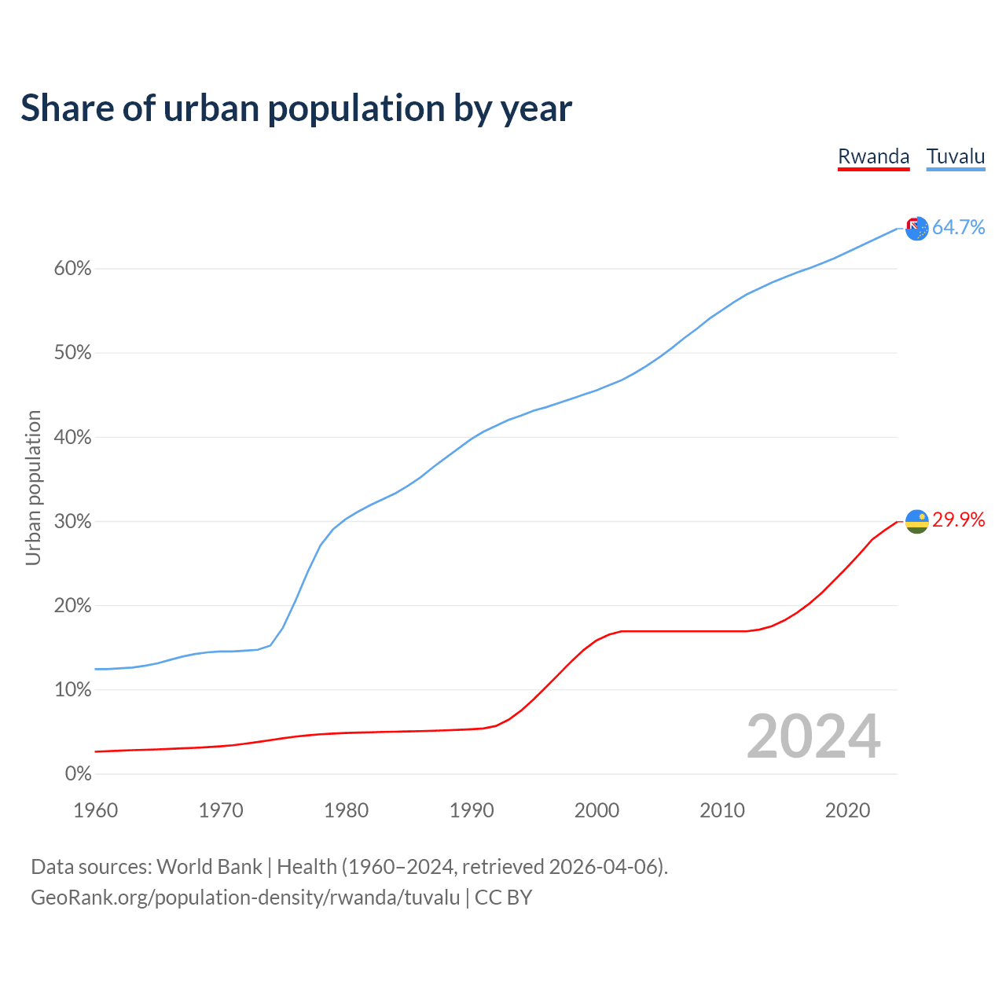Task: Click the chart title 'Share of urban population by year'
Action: coord(296,108)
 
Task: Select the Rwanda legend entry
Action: coord(873,156)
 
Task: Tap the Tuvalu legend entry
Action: coord(956,156)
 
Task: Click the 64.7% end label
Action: coord(958,227)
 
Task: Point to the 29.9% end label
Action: coord(958,520)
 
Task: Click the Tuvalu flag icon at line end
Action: coord(917,229)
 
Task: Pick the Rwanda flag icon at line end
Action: coord(917,521)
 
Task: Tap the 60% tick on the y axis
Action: coord(73,269)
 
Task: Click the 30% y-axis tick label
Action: coord(73,522)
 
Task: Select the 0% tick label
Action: coord(78,774)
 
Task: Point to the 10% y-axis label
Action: coord(73,690)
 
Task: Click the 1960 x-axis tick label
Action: coord(96,810)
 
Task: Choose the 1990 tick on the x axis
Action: coord(472,810)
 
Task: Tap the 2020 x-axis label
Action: coord(847,810)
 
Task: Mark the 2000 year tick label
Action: coord(597,810)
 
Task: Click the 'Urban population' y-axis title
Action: coord(33,487)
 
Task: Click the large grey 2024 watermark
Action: coord(813,736)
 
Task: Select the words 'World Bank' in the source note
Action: coord(209,867)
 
